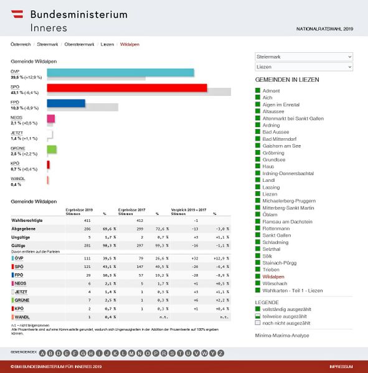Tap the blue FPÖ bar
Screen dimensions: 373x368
65,103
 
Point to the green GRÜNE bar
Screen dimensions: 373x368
52,149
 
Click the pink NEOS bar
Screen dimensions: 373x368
50,118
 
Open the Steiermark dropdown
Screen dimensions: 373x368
304,57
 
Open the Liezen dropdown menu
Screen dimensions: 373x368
304,67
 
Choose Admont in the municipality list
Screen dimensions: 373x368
271,91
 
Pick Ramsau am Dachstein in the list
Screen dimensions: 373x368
287,221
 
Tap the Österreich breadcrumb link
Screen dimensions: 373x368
21,45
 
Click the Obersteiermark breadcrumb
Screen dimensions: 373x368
79,45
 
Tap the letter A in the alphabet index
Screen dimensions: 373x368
42,353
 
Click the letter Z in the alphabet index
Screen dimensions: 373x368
220,353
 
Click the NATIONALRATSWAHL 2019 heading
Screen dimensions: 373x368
324,29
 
